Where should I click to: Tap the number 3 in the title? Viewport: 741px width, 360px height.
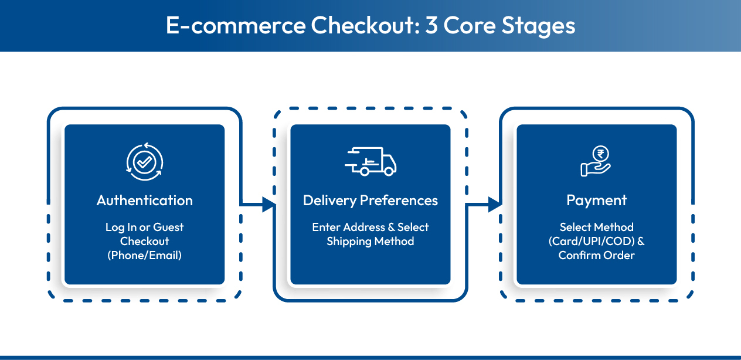(x=431, y=25)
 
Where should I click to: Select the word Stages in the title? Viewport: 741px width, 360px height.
(x=538, y=26)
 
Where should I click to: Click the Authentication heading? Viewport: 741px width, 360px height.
(x=145, y=201)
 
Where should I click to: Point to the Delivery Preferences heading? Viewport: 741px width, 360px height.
(x=370, y=201)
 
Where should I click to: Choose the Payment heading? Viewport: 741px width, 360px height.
(x=596, y=201)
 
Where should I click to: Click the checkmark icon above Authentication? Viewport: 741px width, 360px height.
(x=145, y=162)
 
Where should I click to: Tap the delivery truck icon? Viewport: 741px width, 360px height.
(x=370, y=161)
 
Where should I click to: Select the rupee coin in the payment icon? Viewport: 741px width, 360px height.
(x=600, y=154)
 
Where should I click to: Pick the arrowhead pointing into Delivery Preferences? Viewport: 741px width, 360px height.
(x=268, y=204)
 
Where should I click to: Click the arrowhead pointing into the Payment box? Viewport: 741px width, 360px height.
(x=495, y=204)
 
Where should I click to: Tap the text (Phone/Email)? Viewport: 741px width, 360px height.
(x=145, y=256)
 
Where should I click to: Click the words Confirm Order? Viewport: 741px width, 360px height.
(x=596, y=256)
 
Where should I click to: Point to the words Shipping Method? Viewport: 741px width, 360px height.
(x=370, y=242)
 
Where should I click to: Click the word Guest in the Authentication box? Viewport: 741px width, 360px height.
(x=168, y=227)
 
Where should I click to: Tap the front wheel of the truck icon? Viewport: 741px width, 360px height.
(x=389, y=171)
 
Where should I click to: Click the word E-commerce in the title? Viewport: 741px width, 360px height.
(x=236, y=25)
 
